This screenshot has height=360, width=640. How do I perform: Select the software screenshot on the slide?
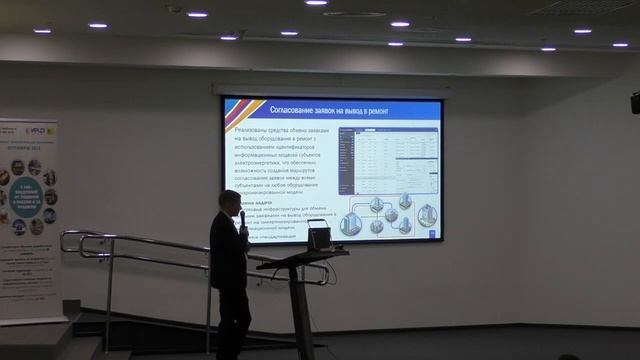[390, 162]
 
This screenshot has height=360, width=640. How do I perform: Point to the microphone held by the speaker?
[241, 218]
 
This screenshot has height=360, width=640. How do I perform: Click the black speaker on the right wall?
[635, 101]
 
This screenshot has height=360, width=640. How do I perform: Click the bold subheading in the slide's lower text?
[240, 202]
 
